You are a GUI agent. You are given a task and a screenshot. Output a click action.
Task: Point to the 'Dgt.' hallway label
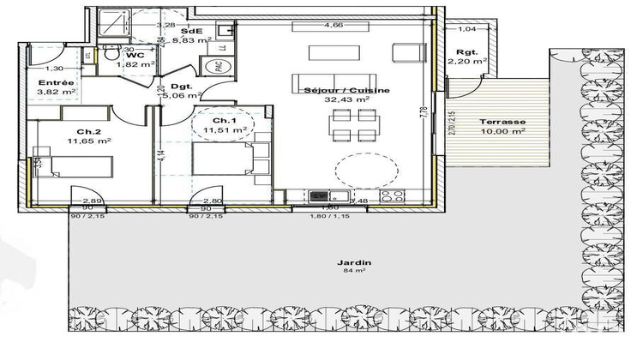point(180,86)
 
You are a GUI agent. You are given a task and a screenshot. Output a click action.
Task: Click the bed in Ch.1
point(221,159)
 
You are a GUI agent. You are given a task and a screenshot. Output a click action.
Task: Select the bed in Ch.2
point(71,165)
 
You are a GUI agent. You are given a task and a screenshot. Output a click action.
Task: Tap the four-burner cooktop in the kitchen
point(393,195)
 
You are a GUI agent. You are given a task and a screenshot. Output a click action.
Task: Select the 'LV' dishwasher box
point(321,195)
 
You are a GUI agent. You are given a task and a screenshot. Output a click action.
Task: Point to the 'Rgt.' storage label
point(467,52)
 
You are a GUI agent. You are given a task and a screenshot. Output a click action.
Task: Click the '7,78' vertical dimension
point(424,111)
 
